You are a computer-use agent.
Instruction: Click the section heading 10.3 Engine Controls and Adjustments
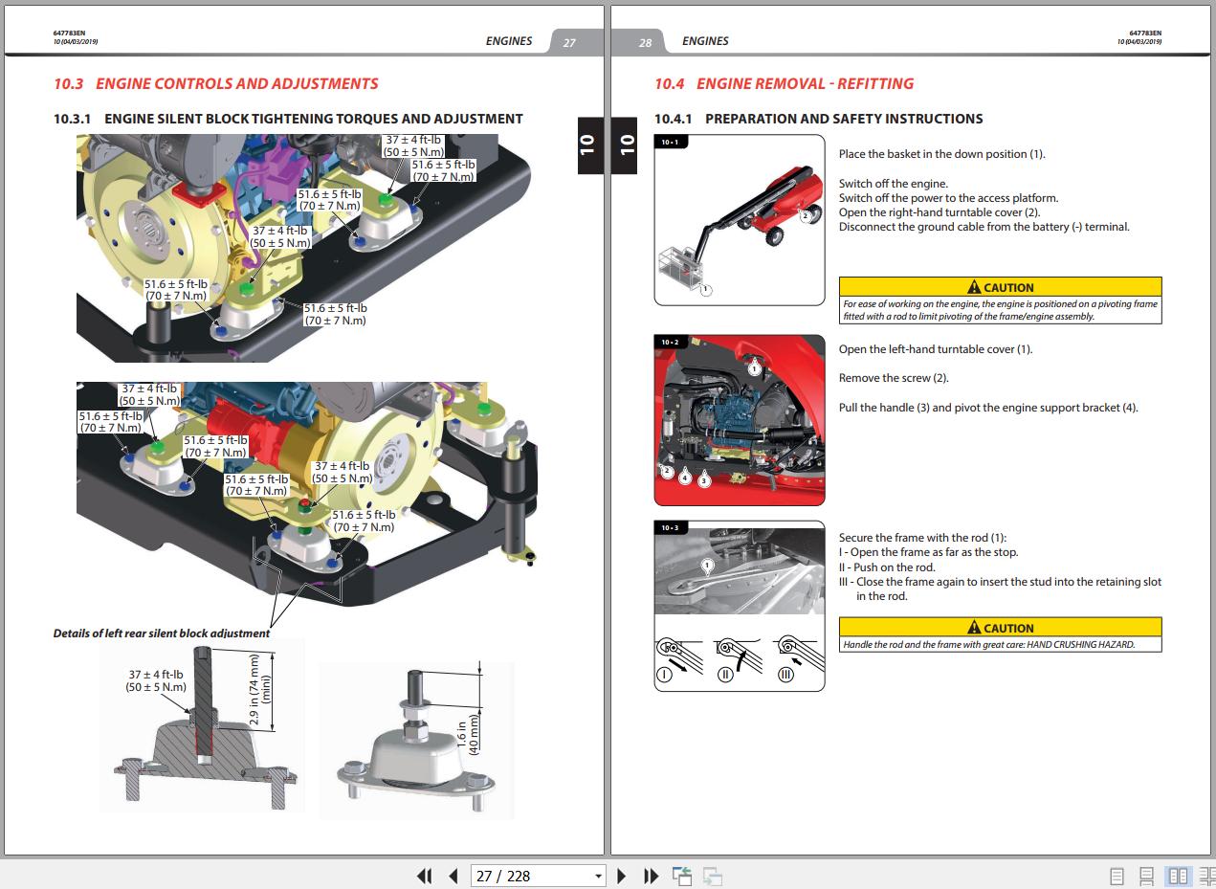[215, 83]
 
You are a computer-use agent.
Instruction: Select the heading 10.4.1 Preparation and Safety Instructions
[818, 119]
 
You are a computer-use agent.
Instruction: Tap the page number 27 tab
[569, 42]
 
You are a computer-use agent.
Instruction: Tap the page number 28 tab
[645, 42]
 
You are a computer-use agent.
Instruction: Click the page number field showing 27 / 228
[538, 876]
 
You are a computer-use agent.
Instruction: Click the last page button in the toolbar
[651, 876]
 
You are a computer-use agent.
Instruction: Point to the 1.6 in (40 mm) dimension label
[467, 735]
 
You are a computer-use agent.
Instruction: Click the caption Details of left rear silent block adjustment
[162, 633]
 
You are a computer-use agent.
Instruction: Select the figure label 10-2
[670, 343]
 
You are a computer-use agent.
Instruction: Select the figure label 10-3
[670, 528]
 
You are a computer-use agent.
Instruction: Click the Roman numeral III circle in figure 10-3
[785, 675]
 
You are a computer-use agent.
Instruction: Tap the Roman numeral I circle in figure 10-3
[665, 675]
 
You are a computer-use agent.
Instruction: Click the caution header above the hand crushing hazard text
[1000, 627]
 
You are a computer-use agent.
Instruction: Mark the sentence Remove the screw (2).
[894, 378]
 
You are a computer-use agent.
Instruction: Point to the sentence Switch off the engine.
[893, 184]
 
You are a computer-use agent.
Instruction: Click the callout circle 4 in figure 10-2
[685, 478]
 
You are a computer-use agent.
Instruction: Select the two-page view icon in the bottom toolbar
[1178, 876]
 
